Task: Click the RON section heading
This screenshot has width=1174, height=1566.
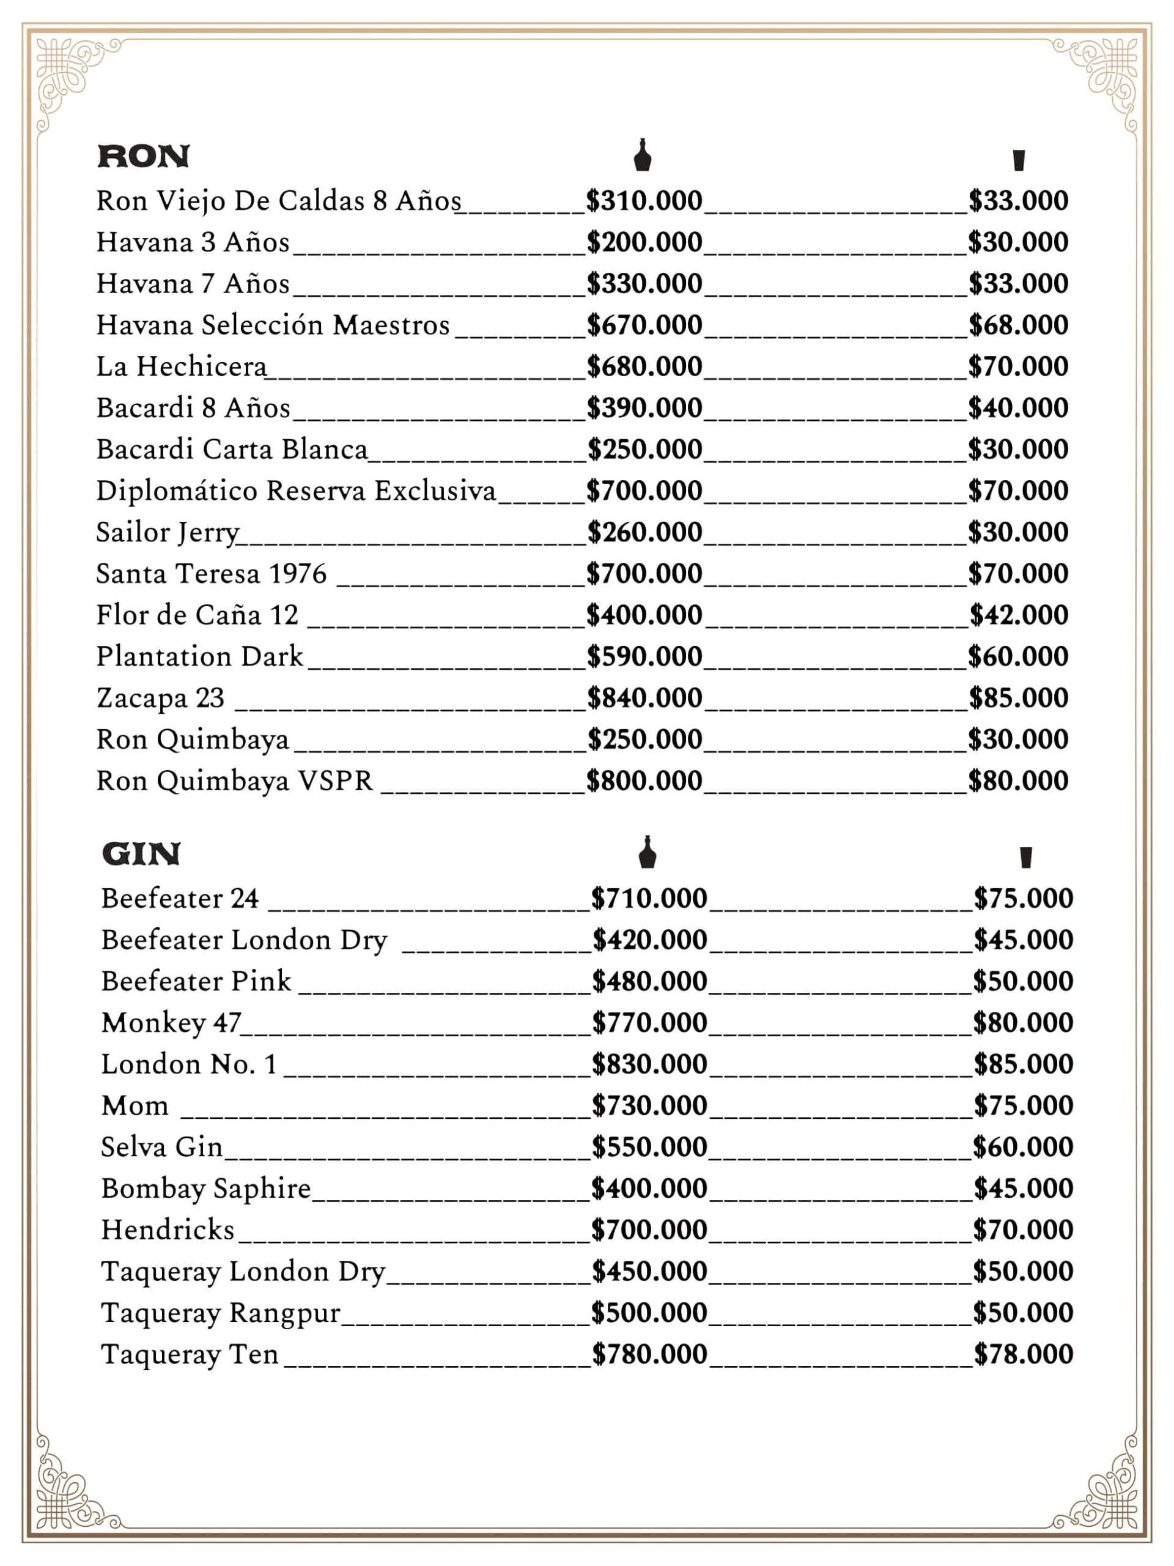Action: click(144, 157)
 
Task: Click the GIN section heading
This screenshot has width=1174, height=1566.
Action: click(141, 854)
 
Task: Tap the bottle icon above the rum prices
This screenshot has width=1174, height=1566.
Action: click(643, 155)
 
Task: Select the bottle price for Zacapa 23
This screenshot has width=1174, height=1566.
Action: click(644, 698)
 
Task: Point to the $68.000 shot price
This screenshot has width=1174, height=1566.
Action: click(1018, 325)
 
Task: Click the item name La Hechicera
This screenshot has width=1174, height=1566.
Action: click(182, 366)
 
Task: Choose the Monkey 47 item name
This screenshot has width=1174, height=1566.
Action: click(171, 1023)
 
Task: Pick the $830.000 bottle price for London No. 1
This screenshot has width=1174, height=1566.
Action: click(649, 1064)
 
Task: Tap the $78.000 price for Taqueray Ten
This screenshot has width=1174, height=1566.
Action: click(1023, 1354)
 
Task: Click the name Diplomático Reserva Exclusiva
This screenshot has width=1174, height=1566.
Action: click(296, 491)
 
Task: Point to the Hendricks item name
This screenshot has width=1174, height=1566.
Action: click(168, 1230)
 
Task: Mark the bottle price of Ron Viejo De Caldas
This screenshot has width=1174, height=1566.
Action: click(644, 201)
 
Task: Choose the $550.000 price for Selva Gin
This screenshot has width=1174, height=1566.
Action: click(649, 1147)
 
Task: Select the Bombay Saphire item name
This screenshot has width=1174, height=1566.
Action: click(206, 1189)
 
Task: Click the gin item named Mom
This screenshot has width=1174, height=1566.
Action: click(135, 1106)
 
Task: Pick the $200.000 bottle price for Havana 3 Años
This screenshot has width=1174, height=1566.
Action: click(644, 242)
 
